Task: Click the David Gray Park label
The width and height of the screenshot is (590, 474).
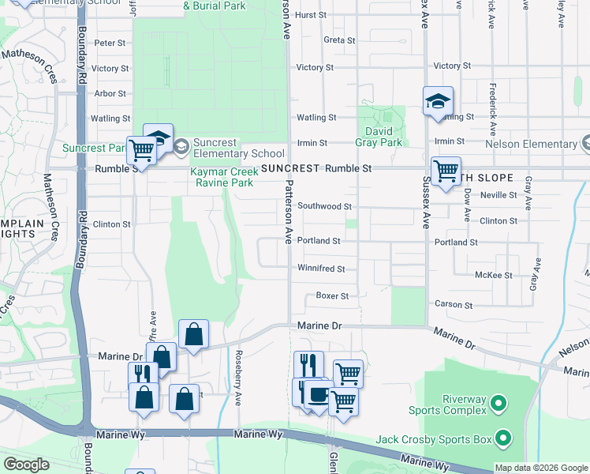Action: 383,137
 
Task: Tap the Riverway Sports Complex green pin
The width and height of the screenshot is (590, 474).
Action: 498,404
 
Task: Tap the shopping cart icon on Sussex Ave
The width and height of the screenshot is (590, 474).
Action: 446,171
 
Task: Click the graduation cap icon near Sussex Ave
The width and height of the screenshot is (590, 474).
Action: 438,101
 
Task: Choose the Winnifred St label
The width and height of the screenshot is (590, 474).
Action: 321,269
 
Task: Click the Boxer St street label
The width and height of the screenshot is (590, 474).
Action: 332,296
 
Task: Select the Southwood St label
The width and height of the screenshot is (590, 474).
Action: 324,206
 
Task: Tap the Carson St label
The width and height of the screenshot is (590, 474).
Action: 454,304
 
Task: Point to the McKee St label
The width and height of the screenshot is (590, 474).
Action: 495,275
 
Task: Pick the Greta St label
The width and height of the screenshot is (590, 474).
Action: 339,39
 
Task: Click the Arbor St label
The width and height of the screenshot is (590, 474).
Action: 110,93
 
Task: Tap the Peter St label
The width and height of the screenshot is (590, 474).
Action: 110,43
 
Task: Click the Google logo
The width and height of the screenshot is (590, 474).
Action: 26,465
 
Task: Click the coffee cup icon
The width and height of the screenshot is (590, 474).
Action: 319,393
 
